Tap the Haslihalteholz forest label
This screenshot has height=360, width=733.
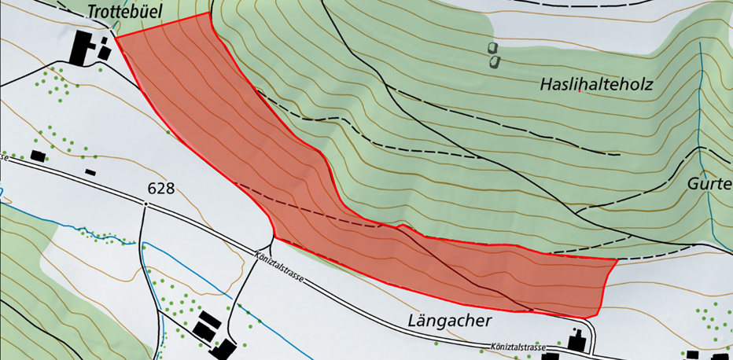coord(597,83)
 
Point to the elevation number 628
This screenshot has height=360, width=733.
coord(160,189)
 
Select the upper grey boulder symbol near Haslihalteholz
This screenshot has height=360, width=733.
coord(494,48)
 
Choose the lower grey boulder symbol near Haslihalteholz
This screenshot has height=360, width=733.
coord(493,61)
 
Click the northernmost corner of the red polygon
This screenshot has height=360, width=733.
coord(209,13)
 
